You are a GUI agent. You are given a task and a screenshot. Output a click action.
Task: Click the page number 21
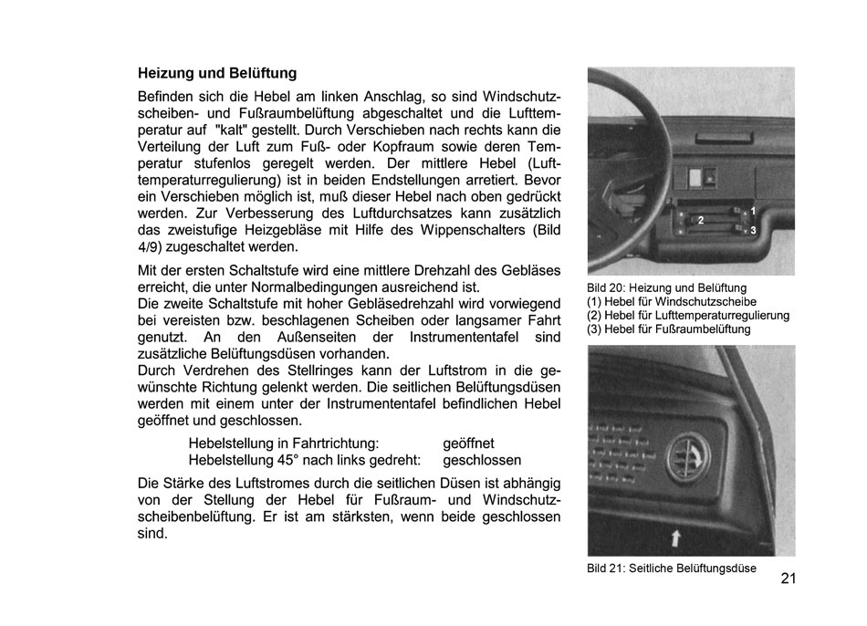coord(789,578)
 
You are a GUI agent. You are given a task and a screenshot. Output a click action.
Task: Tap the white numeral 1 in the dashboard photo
coord(753,212)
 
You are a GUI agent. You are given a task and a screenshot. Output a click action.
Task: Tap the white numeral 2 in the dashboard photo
coord(701,221)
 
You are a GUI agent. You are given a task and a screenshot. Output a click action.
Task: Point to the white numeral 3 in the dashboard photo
coord(753,232)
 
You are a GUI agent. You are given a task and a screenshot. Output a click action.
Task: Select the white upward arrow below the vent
coord(674,537)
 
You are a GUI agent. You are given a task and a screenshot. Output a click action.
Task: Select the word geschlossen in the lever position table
coord(482,460)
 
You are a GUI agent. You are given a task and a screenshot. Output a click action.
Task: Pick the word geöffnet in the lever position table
coord(468,443)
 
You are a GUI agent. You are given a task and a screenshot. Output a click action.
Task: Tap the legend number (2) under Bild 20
coord(594,316)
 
